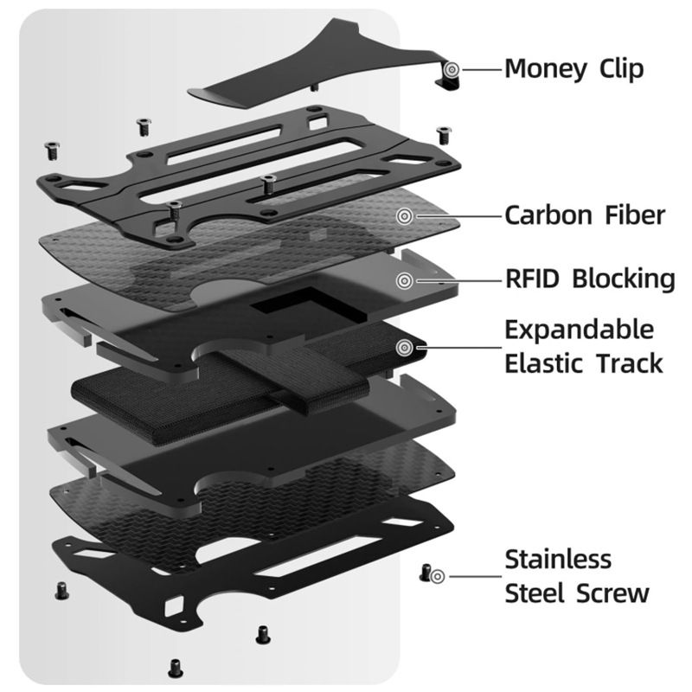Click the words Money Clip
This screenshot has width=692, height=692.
tap(573, 68)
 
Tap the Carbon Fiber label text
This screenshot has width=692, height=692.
tap(585, 215)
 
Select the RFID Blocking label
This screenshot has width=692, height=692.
tap(589, 279)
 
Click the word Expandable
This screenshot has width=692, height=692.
tap(580, 330)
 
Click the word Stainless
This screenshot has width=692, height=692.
tap(558, 559)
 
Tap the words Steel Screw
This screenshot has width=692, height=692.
tap(577, 593)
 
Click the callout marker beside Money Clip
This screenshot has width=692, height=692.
tap(451, 67)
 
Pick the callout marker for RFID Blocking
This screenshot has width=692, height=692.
tap(403, 280)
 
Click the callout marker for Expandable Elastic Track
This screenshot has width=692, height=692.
tap(403, 348)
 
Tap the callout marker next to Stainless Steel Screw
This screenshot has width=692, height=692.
tap(438, 575)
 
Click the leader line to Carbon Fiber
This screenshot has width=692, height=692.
tap(454, 215)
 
